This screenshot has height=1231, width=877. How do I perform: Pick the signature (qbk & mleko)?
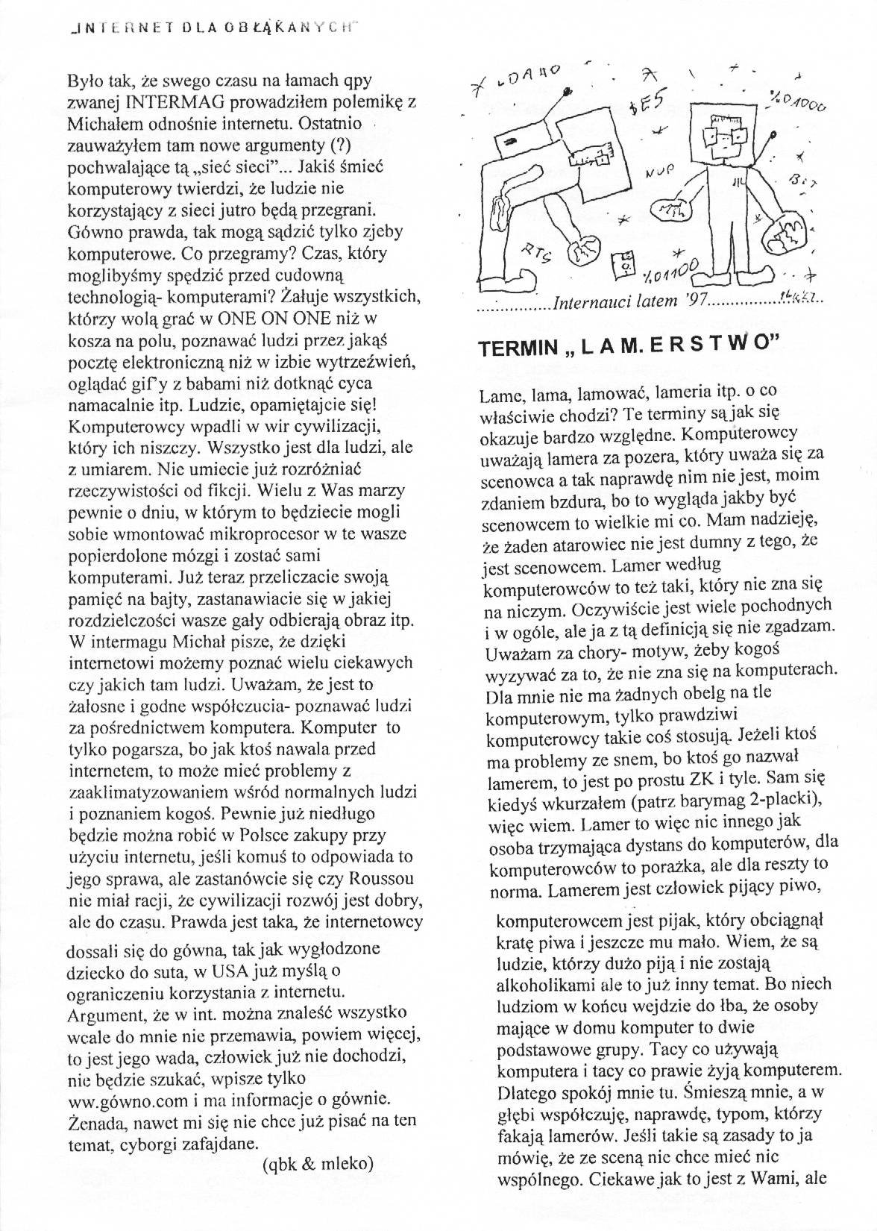coord(318,1163)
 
